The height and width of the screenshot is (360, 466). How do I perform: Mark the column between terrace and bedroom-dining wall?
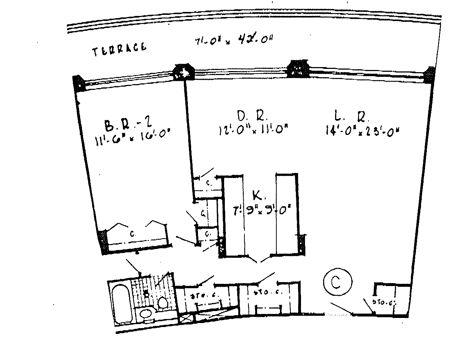183,71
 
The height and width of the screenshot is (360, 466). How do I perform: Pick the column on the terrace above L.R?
298,68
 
